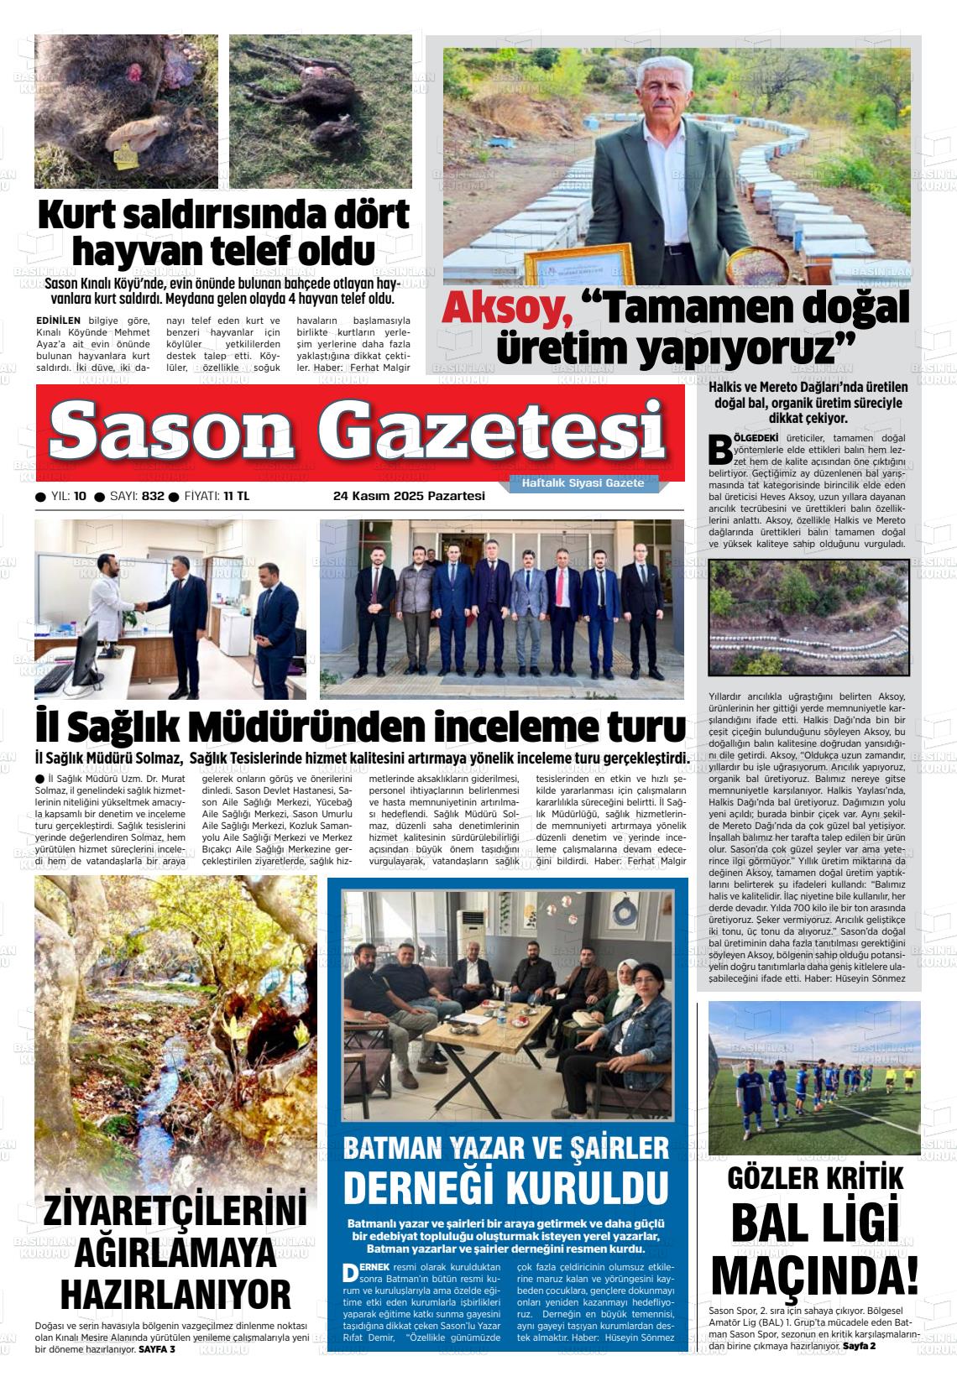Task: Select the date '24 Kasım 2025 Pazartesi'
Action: pyautogui.click(x=409, y=496)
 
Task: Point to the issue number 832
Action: pyautogui.click(x=153, y=496)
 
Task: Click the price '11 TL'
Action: pyautogui.click(x=236, y=496)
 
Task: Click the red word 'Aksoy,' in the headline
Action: pyautogui.click(x=507, y=309)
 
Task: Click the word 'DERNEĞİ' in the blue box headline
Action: pyautogui.click(x=426, y=1187)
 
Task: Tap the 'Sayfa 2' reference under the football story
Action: pyautogui.click(x=859, y=1346)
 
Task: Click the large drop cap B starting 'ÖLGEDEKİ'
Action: pyautogui.click(x=719, y=449)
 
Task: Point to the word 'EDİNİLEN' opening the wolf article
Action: pyautogui.click(x=59, y=321)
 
